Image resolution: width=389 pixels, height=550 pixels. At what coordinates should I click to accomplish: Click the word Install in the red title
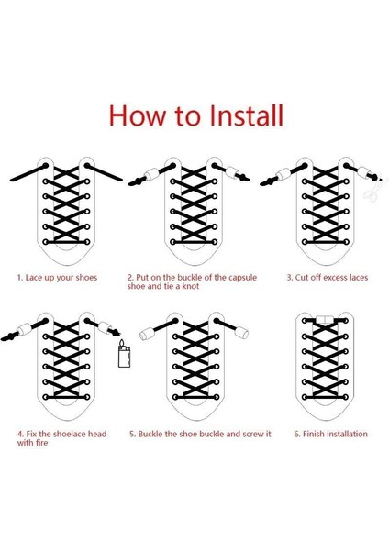click(246, 115)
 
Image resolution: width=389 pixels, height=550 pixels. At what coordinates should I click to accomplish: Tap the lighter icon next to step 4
click(124, 354)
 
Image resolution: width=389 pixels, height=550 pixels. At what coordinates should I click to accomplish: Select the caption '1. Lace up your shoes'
click(57, 278)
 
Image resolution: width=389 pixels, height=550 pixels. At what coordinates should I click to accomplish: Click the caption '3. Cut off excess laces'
click(328, 278)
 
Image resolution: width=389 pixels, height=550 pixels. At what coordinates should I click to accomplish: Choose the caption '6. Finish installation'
click(330, 434)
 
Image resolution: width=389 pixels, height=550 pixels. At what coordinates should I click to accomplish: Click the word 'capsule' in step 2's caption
click(242, 278)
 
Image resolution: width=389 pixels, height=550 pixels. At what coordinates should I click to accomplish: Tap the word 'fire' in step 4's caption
click(41, 443)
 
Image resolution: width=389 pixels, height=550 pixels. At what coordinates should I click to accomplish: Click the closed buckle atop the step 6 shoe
click(325, 319)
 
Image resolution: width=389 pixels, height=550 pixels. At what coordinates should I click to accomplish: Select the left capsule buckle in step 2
click(151, 174)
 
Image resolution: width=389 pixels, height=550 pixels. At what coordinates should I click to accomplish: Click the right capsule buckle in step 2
click(232, 172)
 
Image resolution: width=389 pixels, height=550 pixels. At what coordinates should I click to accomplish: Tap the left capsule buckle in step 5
click(146, 334)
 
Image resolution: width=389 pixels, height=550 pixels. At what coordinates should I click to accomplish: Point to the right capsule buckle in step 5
click(241, 332)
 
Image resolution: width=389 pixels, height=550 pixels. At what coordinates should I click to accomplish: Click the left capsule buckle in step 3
click(283, 174)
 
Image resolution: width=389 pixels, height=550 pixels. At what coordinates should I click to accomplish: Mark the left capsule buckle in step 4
click(24, 329)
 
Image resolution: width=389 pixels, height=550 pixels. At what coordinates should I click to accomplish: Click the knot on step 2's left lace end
click(136, 181)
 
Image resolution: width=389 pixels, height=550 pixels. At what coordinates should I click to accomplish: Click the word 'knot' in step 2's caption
click(190, 286)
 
